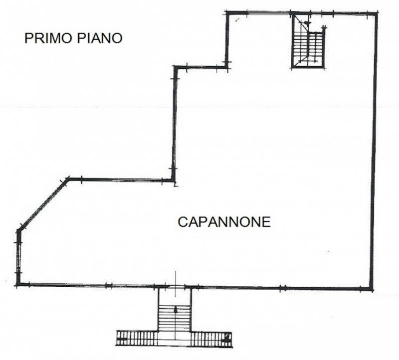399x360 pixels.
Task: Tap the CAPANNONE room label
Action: coord(224,221)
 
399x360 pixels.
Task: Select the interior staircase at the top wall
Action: coord(309,41)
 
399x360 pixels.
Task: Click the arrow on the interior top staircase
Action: coord(306,22)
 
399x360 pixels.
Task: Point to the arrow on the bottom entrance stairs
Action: coord(176,310)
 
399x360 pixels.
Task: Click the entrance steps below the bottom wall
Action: coord(175,314)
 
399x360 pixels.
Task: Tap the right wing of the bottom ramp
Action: coord(212,339)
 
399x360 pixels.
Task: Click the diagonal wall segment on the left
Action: coord(42,204)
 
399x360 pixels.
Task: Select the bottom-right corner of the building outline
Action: coord(372,288)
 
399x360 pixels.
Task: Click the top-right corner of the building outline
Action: coord(376,12)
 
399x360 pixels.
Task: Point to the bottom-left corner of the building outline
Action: coord(17,285)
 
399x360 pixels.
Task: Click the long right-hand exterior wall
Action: coord(374,150)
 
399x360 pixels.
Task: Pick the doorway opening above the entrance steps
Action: coord(175,287)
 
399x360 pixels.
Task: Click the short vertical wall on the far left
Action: coord(18,257)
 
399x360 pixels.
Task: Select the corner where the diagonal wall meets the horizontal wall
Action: coord(68,180)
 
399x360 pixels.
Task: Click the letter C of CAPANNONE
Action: coord(182,221)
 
